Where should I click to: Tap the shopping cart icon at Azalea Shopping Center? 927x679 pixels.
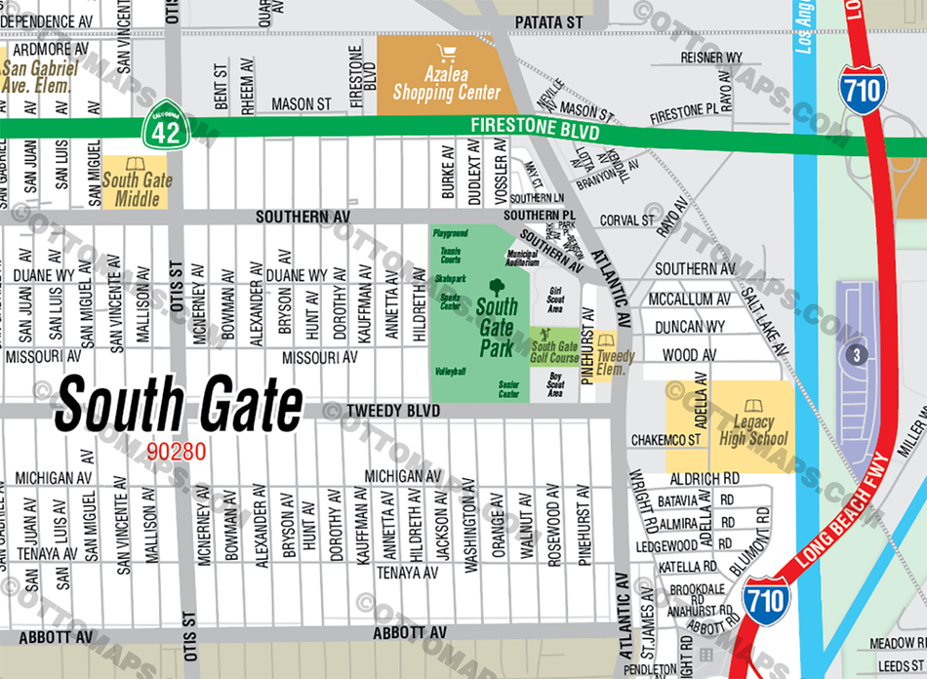pos(448,53)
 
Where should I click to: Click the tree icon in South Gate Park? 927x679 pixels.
pos(497,287)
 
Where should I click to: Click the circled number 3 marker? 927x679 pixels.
pos(857,354)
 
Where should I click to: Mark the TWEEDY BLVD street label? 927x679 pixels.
pos(393,413)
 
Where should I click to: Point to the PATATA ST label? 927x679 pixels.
pos(548,21)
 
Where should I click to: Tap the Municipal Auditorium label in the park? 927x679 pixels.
pos(522,258)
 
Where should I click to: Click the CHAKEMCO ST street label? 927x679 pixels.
pos(666,441)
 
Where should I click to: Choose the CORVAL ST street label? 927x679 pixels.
pos(627,220)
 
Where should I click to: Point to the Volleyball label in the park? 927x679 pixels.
pos(450,372)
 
